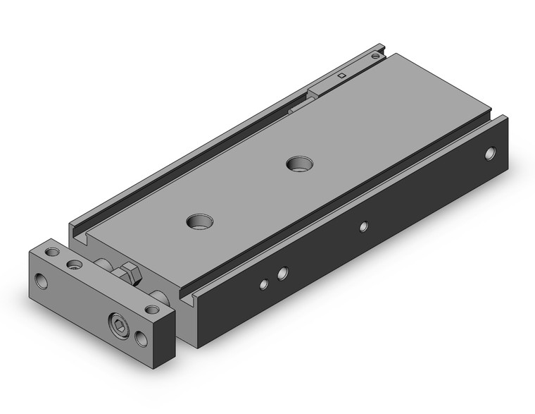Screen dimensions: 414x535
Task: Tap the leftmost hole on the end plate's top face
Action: point(51,252)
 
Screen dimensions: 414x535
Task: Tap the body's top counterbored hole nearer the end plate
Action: point(197,221)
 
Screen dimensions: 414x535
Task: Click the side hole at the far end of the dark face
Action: point(490,152)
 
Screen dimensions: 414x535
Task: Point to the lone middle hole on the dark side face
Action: point(363,226)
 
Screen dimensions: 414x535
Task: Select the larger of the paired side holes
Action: point(282,272)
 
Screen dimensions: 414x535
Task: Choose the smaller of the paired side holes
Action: point(263,284)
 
